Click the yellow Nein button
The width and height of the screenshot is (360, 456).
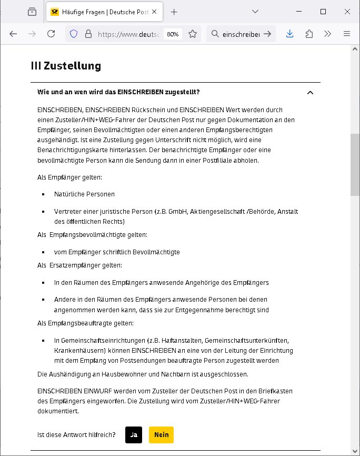pyautogui.click(x=161, y=435)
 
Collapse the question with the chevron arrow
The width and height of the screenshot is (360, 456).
pyautogui.click(x=310, y=93)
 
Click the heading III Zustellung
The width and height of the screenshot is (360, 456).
pyautogui.click(x=66, y=66)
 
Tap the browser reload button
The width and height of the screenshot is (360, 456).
pyautogui.click(x=51, y=34)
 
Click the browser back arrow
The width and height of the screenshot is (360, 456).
pyautogui.click(x=13, y=34)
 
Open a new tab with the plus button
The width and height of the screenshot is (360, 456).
pyautogui.click(x=174, y=12)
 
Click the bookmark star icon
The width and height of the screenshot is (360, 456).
pyautogui.click(x=193, y=34)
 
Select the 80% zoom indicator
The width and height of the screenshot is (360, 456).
pyautogui.click(x=173, y=34)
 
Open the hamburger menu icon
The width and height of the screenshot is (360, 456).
pyautogui.click(x=347, y=34)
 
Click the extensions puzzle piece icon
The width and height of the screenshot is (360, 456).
pyautogui.click(x=309, y=34)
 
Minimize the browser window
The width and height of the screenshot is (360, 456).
pyautogui.click(x=299, y=11)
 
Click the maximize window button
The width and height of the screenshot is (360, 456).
pyautogui.click(x=323, y=11)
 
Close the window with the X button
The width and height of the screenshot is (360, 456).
pyautogui.click(x=347, y=11)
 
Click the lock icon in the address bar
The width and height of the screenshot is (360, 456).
pyautogui.click(x=88, y=34)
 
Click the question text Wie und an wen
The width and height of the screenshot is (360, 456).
pyautogui.click(x=118, y=92)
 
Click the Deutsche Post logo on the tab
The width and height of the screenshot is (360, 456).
pyautogui.click(x=55, y=12)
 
